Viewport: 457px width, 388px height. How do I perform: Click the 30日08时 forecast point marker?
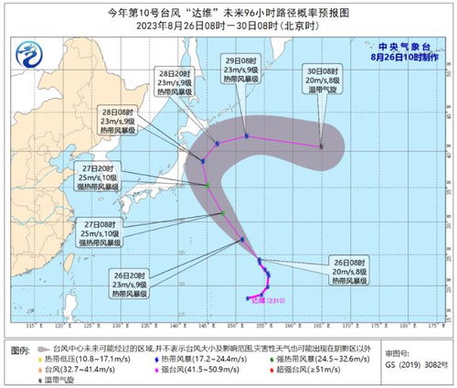321,145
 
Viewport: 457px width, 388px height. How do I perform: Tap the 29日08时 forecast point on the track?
247,136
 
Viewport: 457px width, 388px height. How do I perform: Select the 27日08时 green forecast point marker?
222,213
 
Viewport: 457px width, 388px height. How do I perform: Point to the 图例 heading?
19,350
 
